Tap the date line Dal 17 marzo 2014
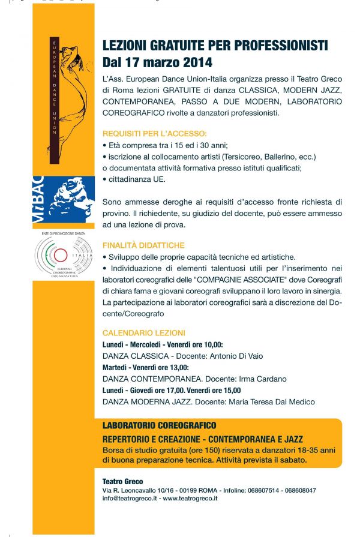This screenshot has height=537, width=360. pos(157,61)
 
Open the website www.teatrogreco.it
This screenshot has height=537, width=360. pos(190,498)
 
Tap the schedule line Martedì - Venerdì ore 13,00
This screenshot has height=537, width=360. pos(146,367)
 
